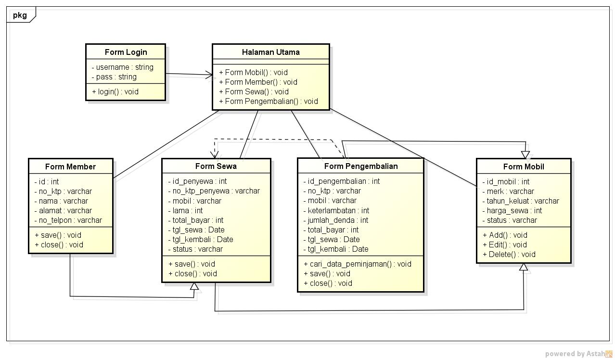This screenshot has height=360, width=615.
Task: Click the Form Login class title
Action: click(126, 52)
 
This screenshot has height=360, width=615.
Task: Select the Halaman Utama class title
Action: click(270, 52)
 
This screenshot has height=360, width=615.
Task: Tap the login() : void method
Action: click(115, 91)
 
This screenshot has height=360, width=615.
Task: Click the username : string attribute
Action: click(122, 67)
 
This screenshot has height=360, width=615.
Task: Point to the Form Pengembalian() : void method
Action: click(268, 101)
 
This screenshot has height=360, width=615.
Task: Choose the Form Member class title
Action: click(70, 167)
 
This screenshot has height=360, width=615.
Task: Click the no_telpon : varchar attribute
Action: click(68, 220)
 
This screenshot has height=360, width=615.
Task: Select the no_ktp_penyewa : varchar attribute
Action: click(214, 191)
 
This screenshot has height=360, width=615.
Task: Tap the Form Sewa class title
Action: click(216, 166)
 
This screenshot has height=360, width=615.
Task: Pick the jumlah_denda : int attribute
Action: click(335, 220)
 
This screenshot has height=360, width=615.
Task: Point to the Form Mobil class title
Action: click(524, 167)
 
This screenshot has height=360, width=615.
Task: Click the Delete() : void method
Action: click(509, 254)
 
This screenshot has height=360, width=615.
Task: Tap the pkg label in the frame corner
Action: click(20, 15)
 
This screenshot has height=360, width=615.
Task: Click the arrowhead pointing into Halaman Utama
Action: click(209, 75)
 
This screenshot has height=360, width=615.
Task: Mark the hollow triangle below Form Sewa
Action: click(194, 286)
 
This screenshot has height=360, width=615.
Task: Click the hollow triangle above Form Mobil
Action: click(525, 154)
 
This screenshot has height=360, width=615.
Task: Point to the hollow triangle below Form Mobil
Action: click(524, 267)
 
